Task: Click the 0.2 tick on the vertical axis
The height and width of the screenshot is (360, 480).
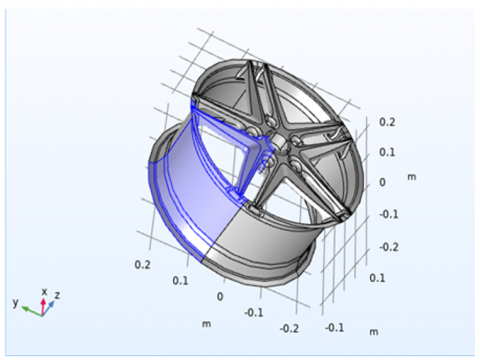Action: [387, 122]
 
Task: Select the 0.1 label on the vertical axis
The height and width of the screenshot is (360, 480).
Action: [387, 152]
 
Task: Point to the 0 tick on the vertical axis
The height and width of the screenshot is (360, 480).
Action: [382, 182]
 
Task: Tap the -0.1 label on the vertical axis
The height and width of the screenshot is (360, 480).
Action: [389, 214]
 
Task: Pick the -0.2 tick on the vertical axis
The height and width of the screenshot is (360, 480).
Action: [389, 247]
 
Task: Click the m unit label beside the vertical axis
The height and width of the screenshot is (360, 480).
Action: [412, 177]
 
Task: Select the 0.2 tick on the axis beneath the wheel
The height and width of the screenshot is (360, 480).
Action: [142, 265]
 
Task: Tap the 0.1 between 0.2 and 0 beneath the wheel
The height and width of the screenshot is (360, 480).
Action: [180, 281]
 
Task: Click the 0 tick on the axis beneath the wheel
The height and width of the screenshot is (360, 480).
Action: [220, 296]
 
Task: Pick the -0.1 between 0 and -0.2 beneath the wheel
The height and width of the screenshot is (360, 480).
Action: [254, 313]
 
